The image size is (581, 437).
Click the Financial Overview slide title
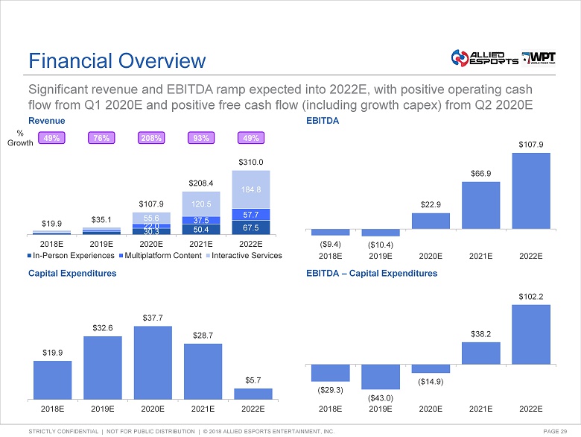(x=115, y=60)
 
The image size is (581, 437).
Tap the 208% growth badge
(x=152, y=138)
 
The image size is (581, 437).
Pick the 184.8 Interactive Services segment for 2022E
(x=251, y=189)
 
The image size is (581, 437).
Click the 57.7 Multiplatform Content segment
(x=251, y=214)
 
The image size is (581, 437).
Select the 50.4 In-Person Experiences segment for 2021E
(x=201, y=230)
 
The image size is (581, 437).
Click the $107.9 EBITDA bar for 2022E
(x=530, y=190)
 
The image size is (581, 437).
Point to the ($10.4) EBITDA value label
(x=380, y=244)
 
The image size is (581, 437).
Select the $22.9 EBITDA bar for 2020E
(x=431, y=221)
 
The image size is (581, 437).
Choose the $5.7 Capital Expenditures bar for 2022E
(x=253, y=394)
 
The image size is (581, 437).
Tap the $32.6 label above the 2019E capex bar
(x=102, y=327)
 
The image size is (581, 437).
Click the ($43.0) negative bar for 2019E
(x=380, y=377)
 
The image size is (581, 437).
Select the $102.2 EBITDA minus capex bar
(x=530, y=335)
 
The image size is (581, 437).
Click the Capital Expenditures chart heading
(x=72, y=274)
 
